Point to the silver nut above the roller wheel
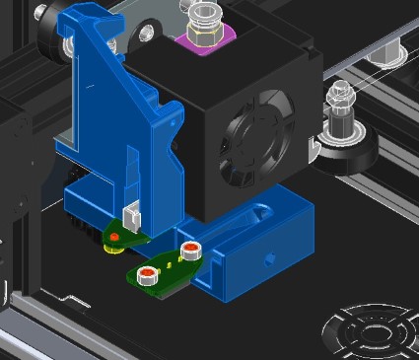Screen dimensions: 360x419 tap(337, 96)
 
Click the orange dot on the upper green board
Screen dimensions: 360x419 tap(115, 237)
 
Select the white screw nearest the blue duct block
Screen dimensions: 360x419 tap(190, 249)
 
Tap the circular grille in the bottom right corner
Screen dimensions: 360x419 tap(372, 332)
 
